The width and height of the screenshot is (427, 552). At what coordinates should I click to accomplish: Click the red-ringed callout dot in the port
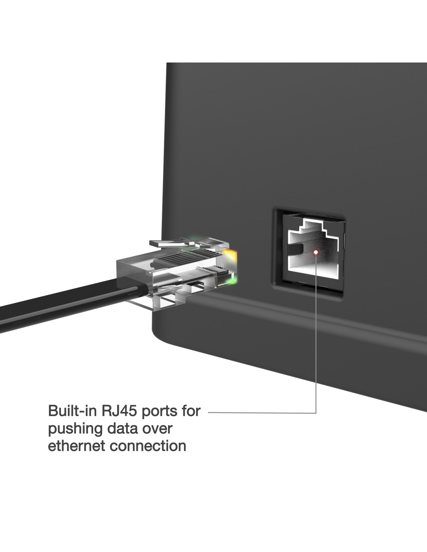click(x=316, y=252)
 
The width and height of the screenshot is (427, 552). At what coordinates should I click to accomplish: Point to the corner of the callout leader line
click(x=316, y=412)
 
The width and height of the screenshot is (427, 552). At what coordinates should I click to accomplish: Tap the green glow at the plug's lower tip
click(x=232, y=278)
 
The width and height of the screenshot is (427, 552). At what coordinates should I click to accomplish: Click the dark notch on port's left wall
click(x=297, y=248)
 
